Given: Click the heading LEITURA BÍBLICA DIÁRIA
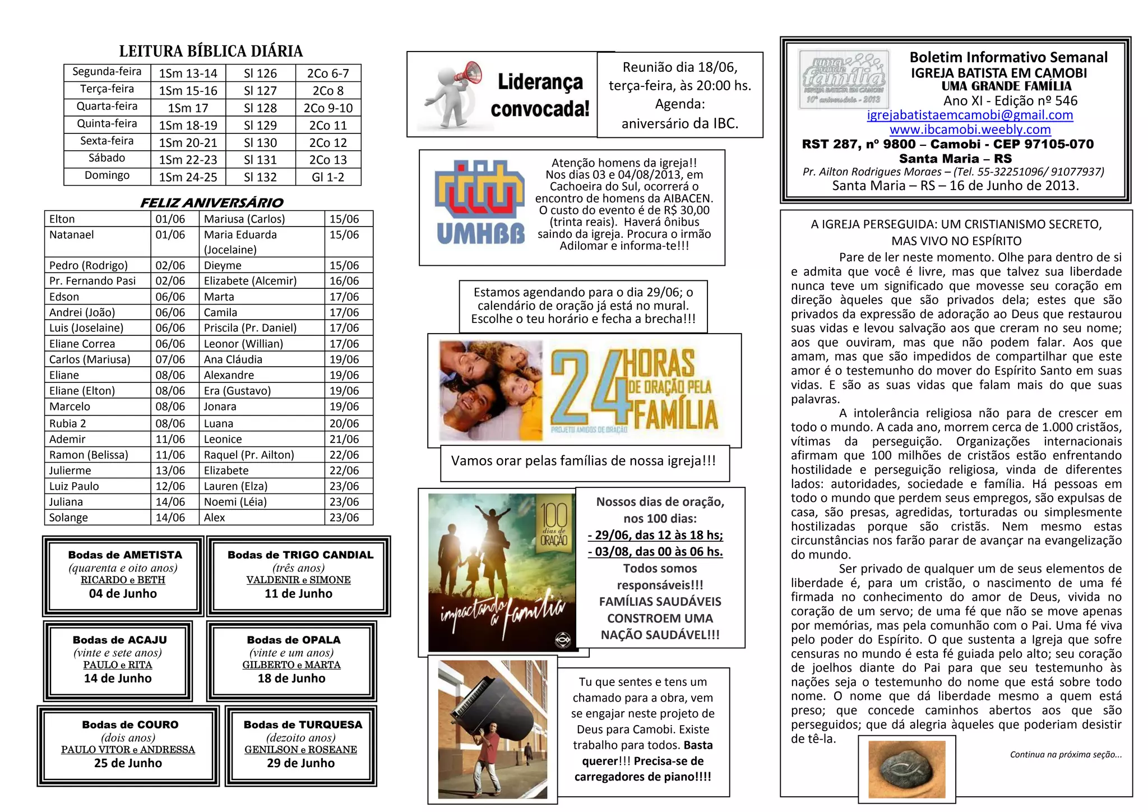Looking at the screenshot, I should (211, 52).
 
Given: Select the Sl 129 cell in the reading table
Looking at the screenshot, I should (260, 125).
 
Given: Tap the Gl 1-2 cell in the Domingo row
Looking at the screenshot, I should (328, 177).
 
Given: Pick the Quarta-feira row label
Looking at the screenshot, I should (107, 107).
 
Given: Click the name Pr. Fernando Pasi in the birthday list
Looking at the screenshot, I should (92, 281).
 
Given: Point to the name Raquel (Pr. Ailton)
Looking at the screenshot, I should (249, 455).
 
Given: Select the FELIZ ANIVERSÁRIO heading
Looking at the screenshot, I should (211, 202).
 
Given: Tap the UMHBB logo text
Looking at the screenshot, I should (480, 234).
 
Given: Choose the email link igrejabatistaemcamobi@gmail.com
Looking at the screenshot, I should (970, 115).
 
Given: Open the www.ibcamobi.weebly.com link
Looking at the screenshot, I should (970, 130).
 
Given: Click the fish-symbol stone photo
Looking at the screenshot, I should (906, 769).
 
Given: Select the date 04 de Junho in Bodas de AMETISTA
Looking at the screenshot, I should (123, 594).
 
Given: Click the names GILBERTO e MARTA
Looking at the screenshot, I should (291, 665).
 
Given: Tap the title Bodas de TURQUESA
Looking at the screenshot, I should (303, 725).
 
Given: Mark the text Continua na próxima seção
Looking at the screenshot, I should (1065, 755).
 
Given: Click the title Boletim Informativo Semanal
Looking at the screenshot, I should (1008, 57).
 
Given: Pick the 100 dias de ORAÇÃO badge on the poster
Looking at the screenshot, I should (553, 523).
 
